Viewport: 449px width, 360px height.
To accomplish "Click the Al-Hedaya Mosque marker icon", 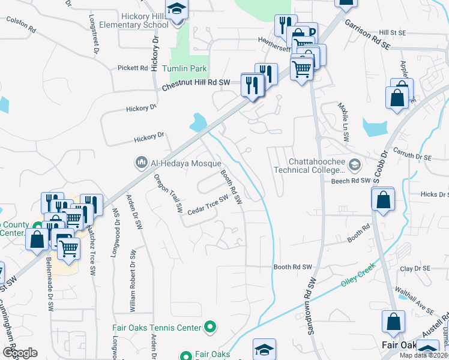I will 142,163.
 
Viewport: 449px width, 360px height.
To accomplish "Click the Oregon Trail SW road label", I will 167,194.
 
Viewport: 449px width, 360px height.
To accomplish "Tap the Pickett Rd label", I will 133,68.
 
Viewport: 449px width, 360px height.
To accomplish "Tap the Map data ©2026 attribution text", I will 424,355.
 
